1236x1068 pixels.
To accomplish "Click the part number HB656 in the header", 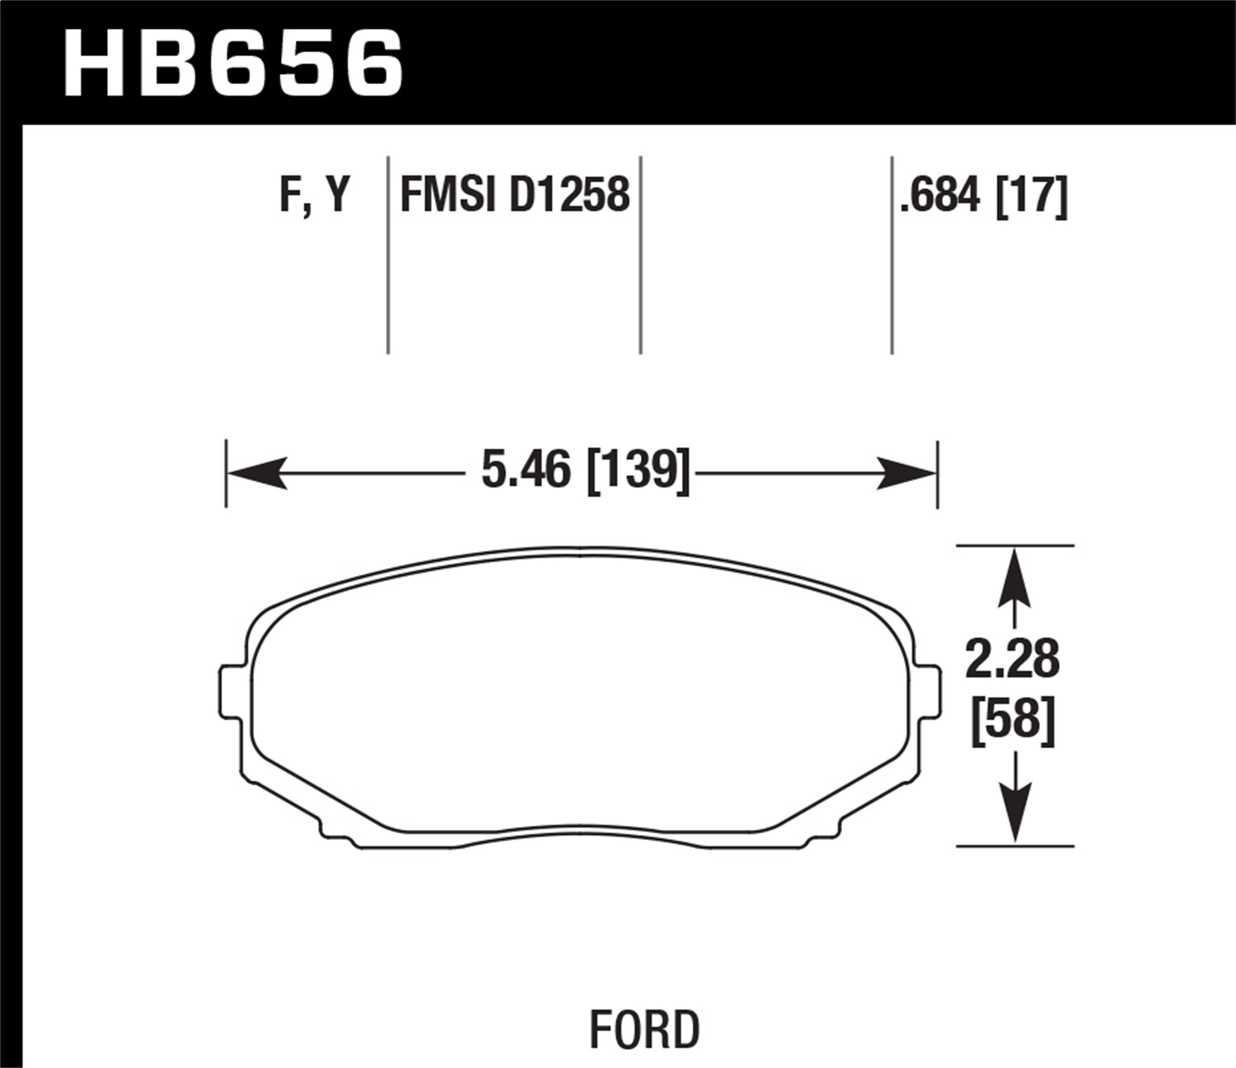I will (233, 63).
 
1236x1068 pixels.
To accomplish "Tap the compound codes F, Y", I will (316, 195).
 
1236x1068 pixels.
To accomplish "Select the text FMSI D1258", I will (515, 195).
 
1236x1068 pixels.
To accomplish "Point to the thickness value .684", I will (941, 195).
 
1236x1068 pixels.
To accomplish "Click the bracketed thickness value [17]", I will (1032, 195).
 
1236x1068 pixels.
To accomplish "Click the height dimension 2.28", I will (1013, 659).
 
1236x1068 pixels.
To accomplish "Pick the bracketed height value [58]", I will (1013, 720).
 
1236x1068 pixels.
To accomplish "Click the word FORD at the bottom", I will (644, 1030).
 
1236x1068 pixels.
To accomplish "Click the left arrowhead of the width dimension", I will (255, 473).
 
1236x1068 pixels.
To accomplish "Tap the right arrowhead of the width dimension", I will (908, 473).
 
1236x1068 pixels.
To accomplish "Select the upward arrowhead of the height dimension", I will (1014, 577).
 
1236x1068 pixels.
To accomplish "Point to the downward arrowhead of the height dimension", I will (1014, 813).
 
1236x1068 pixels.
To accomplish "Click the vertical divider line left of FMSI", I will (388, 255).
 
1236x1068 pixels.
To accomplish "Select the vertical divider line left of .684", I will (892, 255).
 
